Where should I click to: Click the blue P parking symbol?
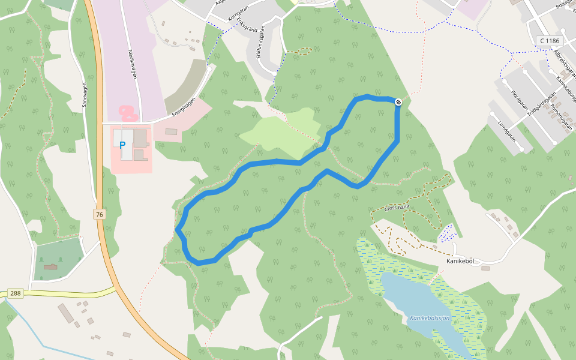pos(122,145)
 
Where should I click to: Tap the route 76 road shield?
pos(99,214)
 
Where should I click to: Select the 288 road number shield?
pos(16,293)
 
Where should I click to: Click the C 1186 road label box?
pos(549,41)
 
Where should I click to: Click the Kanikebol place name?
pos(460,262)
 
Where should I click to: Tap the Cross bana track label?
pos(397,209)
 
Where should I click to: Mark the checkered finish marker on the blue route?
pos(398,102)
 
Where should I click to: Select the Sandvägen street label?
pos(85,95)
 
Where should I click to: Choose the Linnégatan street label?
pos(507,130)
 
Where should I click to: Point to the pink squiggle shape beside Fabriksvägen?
pos(128,112)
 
